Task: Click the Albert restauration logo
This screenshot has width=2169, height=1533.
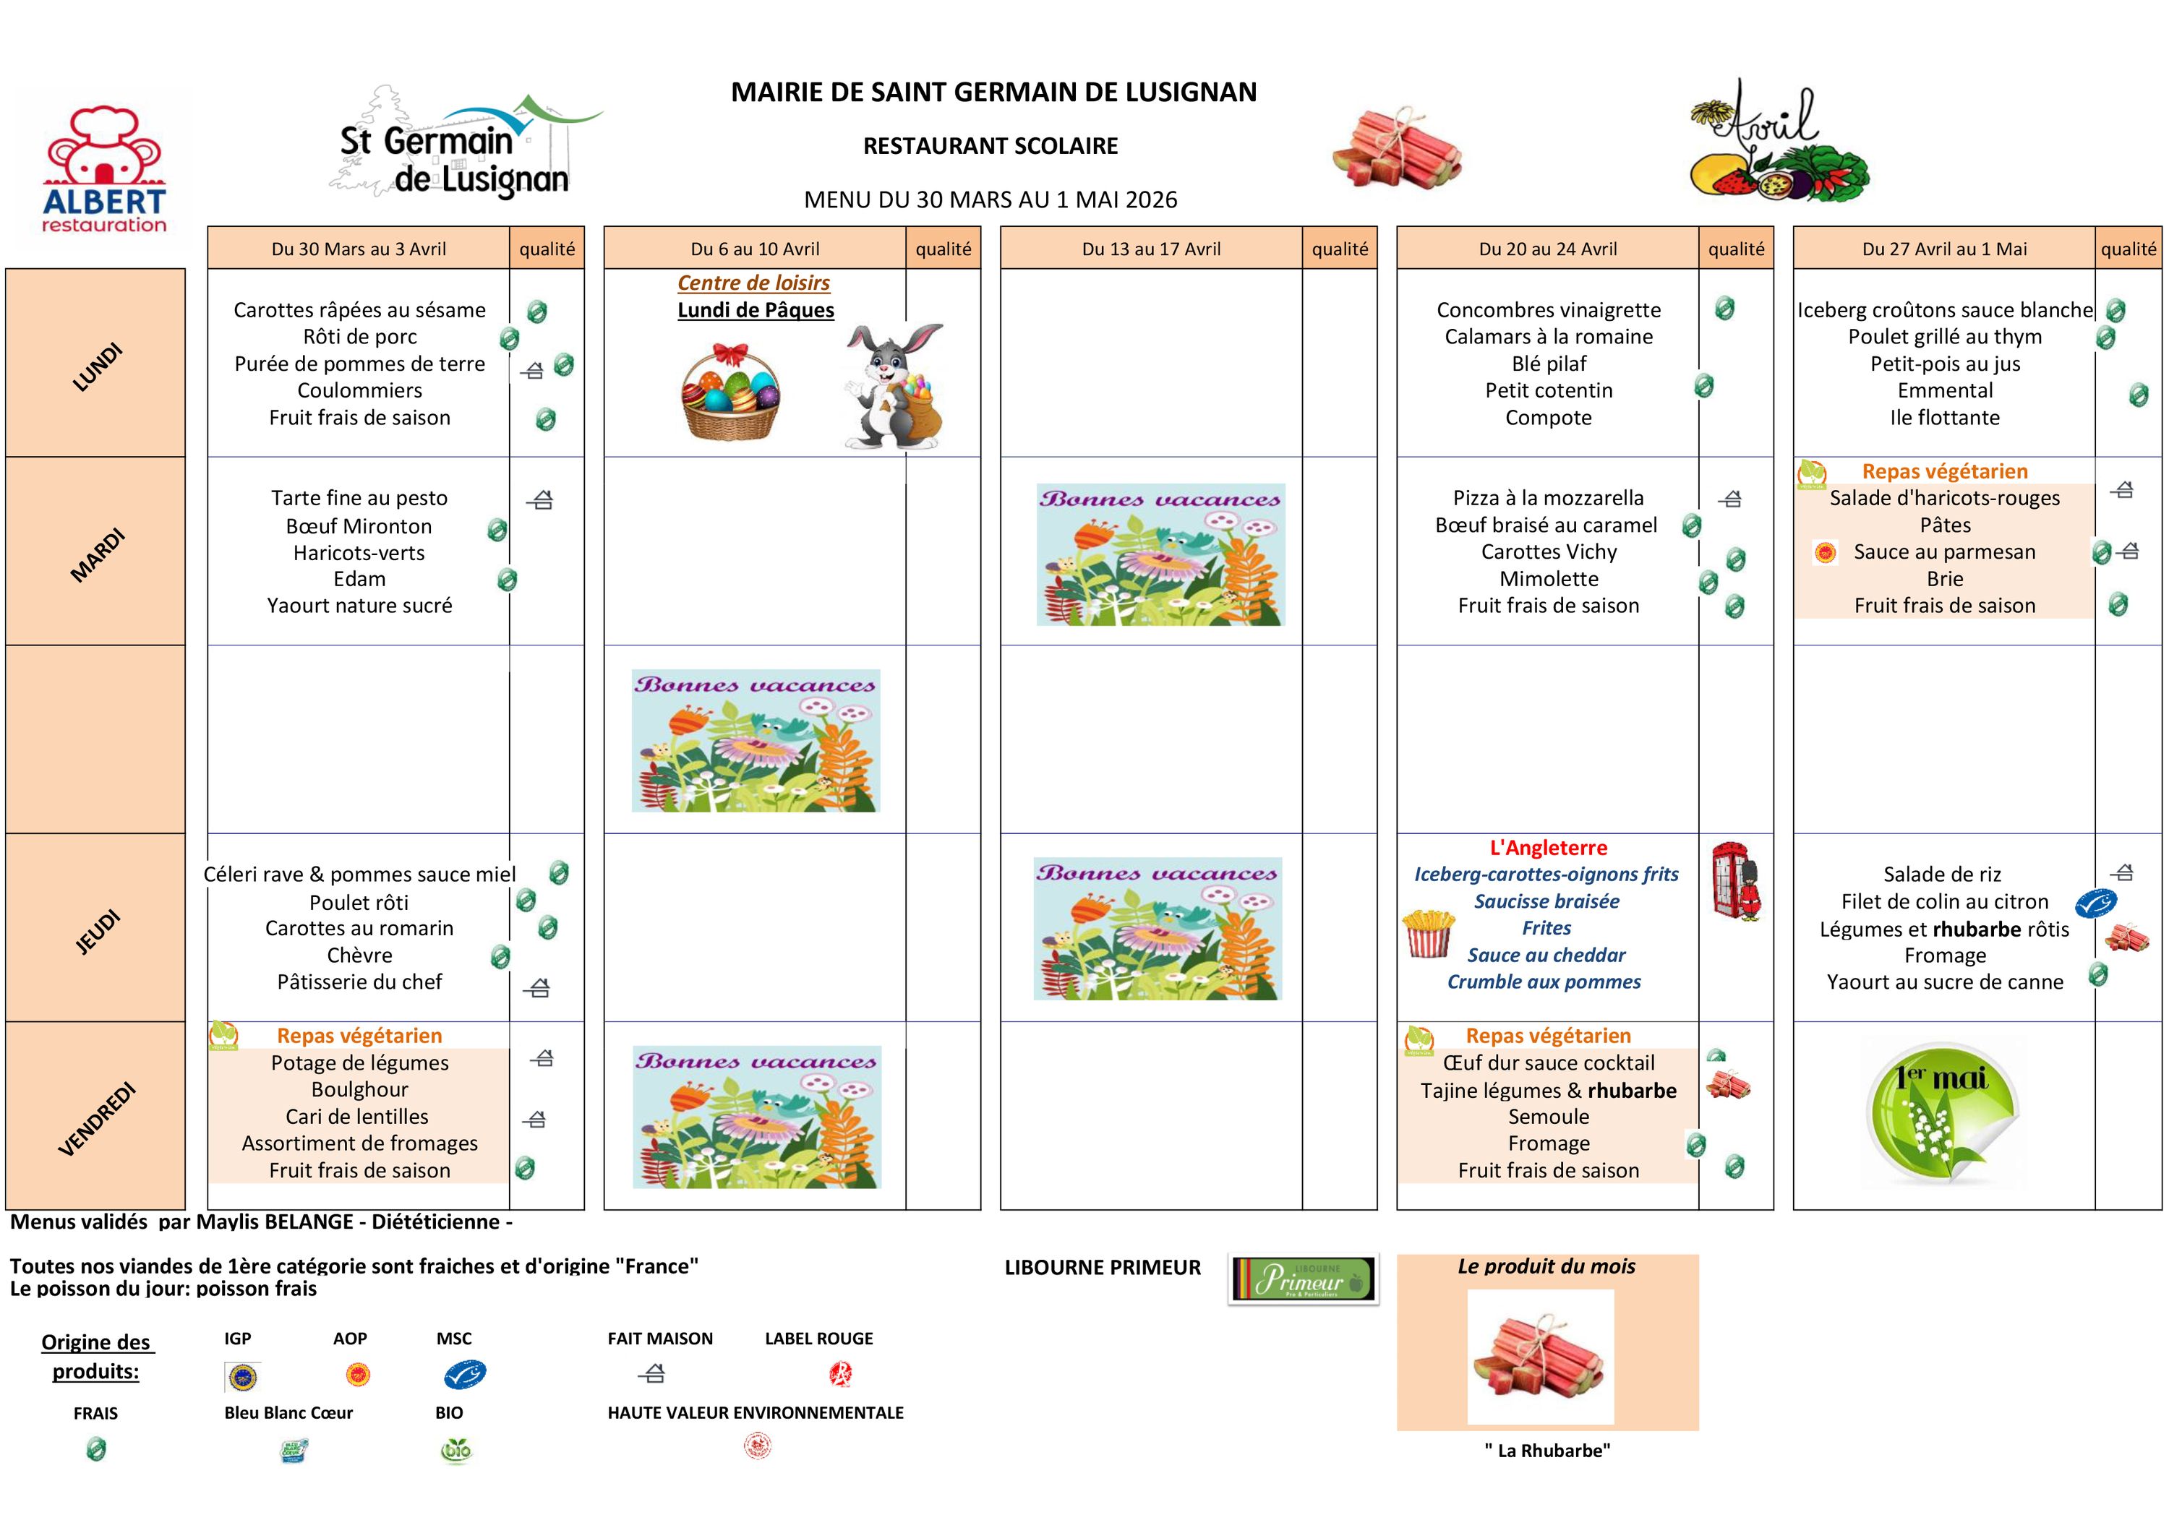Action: pyautogui.click(x=104, y=170)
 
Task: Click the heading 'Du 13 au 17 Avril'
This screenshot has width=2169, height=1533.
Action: pyautogui.click(x=1150, y=249)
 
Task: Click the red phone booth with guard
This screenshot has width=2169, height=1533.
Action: pyautogui.click(x=1737, y=881)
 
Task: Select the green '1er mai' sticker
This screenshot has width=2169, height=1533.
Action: pyautogui.click(x=1943, y=1112)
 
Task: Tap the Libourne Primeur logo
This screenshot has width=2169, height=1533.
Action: pyautogui.click(x=1304, y=1279)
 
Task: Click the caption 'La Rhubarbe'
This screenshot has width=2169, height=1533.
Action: pyautogui.click(x=1546, y=1451)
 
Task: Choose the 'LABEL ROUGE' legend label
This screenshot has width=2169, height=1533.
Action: pyautogui.click(x=818, y=1339)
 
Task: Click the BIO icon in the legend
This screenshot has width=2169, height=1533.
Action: pyautogui.click(x=455, y=1450)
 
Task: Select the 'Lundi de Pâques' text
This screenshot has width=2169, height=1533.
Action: pyautogui.click(x=756, y=311)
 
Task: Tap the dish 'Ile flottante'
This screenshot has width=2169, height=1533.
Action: pyautogui.click(x=1944, y=418)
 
